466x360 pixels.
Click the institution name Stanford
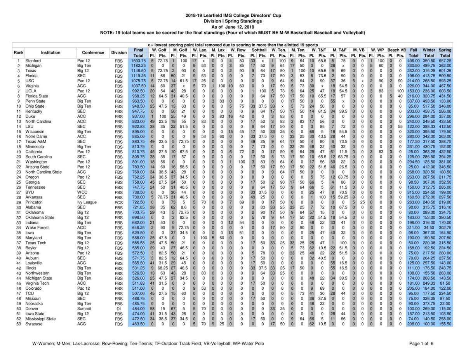(x=33, y=61)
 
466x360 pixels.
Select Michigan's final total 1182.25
(x=138, y=66)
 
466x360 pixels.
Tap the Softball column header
(x=259, y=50)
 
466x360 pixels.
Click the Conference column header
(x=93, y=52)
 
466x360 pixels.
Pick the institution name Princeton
(x=34, y=202)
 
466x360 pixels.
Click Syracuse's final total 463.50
(x=138, y=323)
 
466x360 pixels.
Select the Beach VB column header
(x=396, y=50)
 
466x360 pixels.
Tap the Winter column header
(x=429, y=50)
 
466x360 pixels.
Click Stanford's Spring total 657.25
(x=445, y=61)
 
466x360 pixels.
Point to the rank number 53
(x=18, y=323)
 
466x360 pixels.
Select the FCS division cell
(x=118, y=202)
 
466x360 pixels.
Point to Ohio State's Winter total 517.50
(x=429, y=106)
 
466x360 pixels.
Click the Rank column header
(x=18, y=52)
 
